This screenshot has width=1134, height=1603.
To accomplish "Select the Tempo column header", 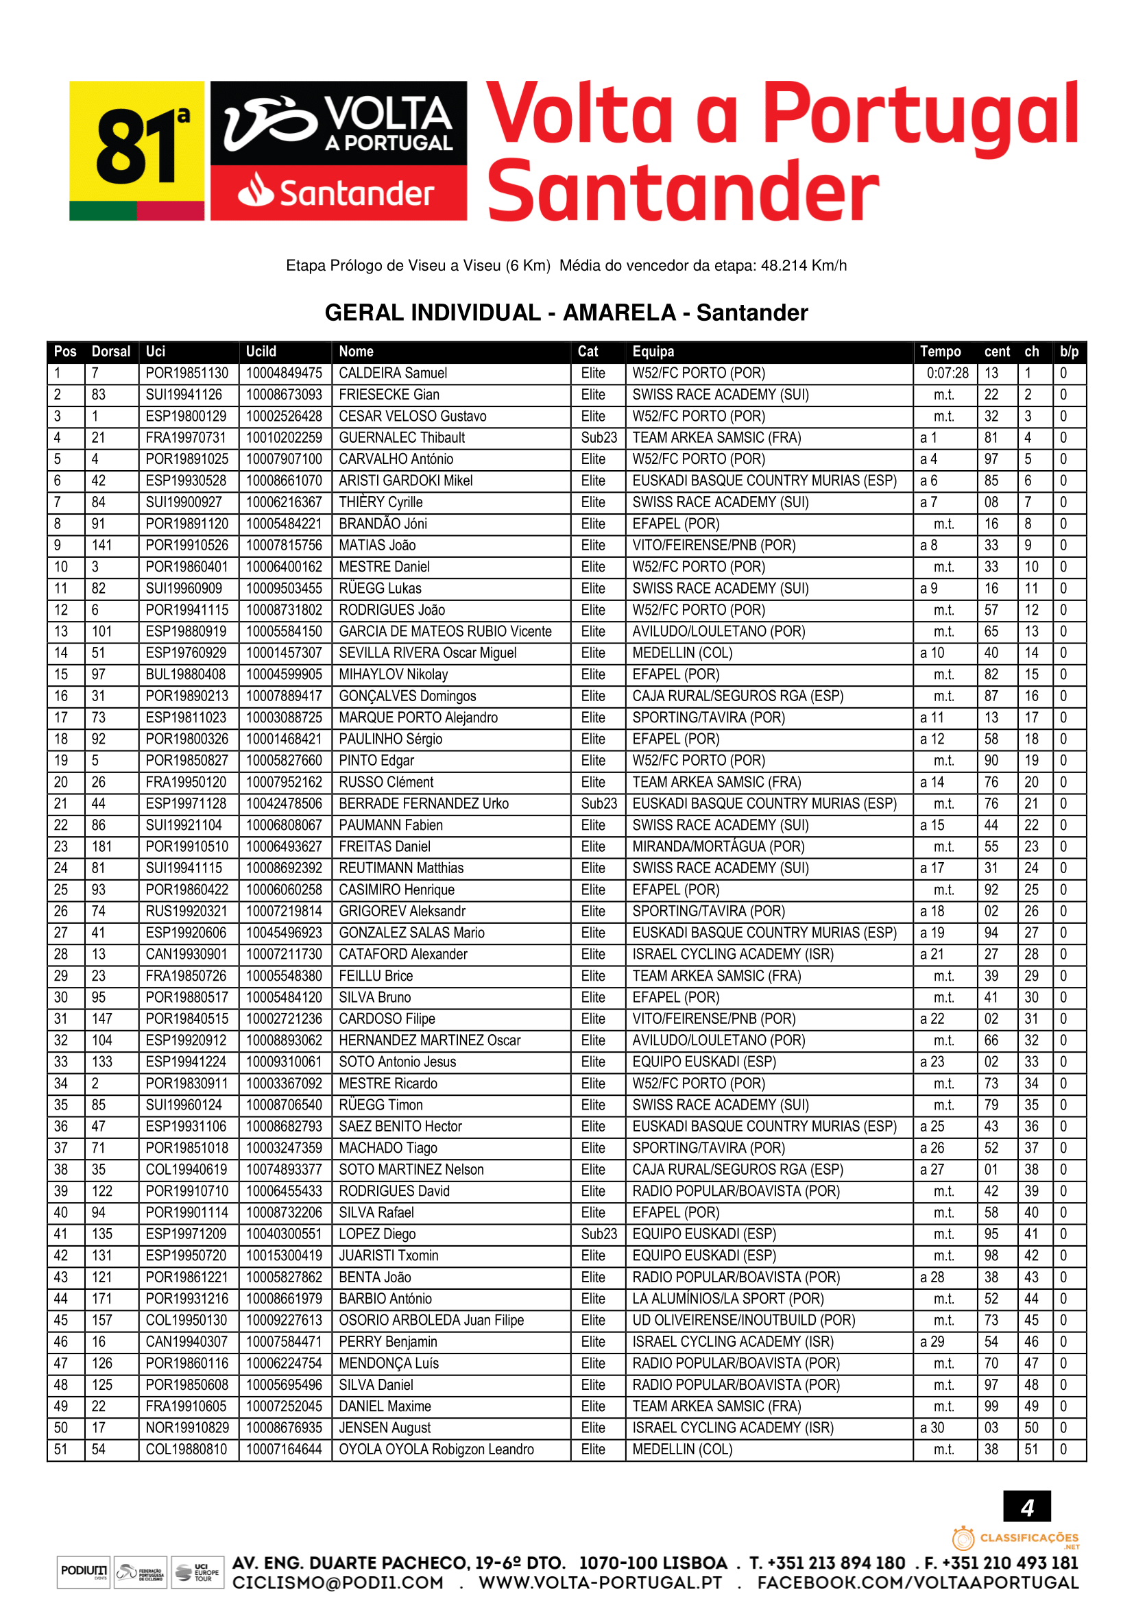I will tap(940, 351).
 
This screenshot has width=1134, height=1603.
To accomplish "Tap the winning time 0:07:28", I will tap(947, 373).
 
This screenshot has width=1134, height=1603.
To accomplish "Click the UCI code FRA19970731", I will tap(186, 438).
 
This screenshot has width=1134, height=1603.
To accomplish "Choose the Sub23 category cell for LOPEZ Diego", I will tap(599, 1234).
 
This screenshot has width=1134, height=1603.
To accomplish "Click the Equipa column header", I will tap(653, 351).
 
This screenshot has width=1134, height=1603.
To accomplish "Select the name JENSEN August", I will tap(385, 1428).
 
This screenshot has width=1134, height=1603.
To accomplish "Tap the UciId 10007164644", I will tap(285, 1449).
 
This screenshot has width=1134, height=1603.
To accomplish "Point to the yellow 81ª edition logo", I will tap(137, 150).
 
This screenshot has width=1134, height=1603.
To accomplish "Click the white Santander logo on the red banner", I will tap(338, 193).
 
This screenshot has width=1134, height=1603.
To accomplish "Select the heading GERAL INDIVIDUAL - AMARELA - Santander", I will tap(566, 312).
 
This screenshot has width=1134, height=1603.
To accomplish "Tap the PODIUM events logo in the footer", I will tap(84, 1571).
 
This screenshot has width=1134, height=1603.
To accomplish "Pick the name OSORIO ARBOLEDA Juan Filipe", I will tap(431, 1320).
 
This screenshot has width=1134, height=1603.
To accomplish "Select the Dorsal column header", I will tap(111, 351).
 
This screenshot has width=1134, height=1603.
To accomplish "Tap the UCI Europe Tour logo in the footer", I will tap(197, 1571).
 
